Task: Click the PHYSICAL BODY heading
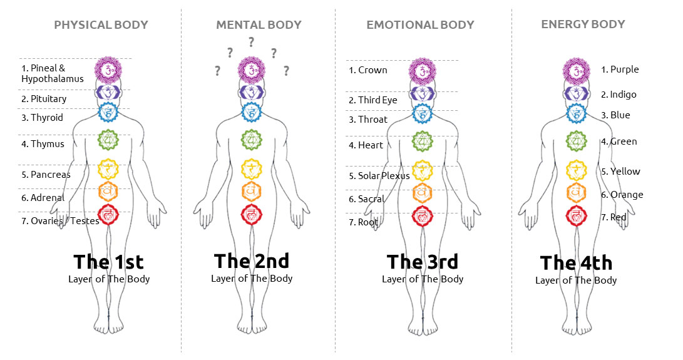coord(101,25)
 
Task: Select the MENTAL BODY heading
coord(259,25)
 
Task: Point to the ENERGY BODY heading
coord(583,24)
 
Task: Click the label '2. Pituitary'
coord(44,99)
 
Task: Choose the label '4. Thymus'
coord(43,144)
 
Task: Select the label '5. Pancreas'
coord(46,175)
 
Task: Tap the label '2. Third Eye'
coord(373,100)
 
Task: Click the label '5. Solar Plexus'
coord(379,176)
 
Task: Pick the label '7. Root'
coord(364,222)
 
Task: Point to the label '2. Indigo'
coord(619,95)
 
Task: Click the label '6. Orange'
coord(622,195)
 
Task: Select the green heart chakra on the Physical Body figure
coord(108,140)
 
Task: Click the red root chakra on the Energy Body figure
coord(576,215)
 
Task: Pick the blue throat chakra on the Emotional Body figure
coord(423,113)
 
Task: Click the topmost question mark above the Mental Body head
coord(251,43)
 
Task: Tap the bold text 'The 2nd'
coord(252,261)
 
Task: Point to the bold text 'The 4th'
coord(576,262)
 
